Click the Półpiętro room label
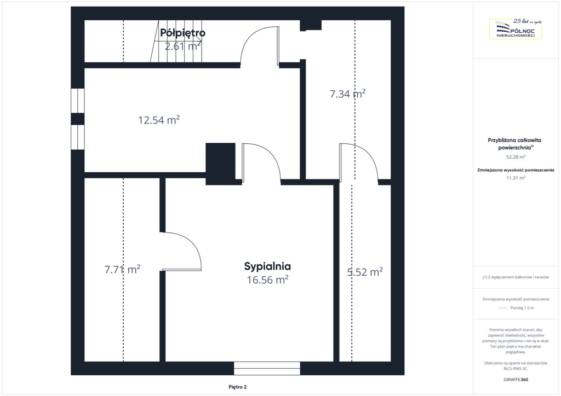pyautogui.click(x=182, y=33)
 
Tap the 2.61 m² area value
pyautogui.click(x=182, y=46)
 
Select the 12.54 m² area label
pyautogui.click(x=159, y=120)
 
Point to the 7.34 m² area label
pyautogui.click(x=347, y=94)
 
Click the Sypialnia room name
pyautogui.click(x=267, y=266)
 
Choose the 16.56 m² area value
pyautogui.click(x=267, y=279)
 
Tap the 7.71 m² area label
pyautogui.click(x=122, y=269)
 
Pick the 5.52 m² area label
pyautogui.click(x=365, y=272)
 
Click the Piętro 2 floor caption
pyautogui.click(x=238, y=387)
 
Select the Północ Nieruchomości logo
pyautogui.click(x=516, y=28)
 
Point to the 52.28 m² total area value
pyautogui.click(x=516, y=157)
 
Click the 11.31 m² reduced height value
pyautogui.click(x=516, y=177)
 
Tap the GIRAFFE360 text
pyautogui.click(x=516, y=380)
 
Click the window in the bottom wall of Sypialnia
pyautogui.click(x=267, y=368)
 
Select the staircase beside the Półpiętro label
pyautogui.click(x=176, y=41)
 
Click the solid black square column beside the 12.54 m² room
pyautogui.click(x=220, y=164)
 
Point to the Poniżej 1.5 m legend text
pyautogui.click(x=522, y=308)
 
